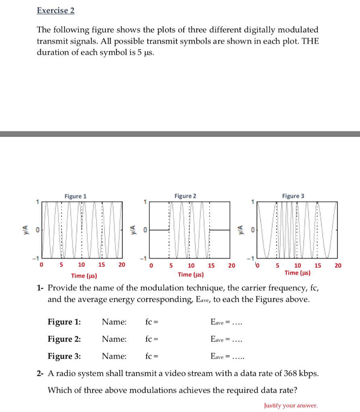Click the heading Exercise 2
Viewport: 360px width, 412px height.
[x=56, y=11]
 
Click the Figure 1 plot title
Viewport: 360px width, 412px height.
[x=75, y=196]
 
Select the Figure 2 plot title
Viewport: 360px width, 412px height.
[x=185, y=196]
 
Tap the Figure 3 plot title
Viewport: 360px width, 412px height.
[x=293, y=196]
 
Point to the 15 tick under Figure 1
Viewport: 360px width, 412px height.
[x=101, y=265]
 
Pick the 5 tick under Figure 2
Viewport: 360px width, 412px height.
[x=171, y=266]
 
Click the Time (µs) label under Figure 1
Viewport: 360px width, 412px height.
[x=84, y=276]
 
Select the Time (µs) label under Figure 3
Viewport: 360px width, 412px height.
[x=297, y=273]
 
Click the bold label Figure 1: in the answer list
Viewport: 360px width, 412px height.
[x=64, y=322]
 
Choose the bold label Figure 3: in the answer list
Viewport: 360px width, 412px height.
[x=64, y=356]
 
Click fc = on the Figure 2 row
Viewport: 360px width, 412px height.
[x=151, y=339]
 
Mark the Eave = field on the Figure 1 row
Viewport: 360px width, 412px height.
[x=226, y=322]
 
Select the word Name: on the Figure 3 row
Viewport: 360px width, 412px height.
[x=114, y=356]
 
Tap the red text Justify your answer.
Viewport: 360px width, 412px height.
[x=290, y=405]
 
